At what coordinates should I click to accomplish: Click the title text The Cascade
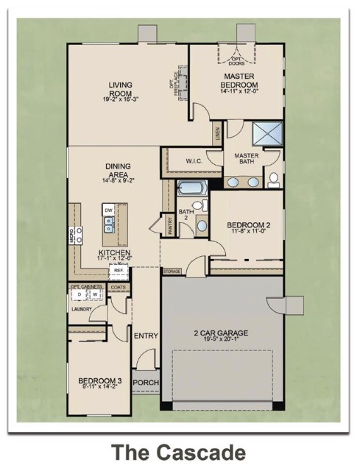(178, 450)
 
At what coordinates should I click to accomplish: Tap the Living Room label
(119, 89)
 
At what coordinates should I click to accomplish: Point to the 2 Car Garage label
(221, 333)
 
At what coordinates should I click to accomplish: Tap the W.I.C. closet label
(194, 161)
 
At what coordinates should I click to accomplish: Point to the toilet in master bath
(273, 178)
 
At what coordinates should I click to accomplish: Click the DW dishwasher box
(108, 210)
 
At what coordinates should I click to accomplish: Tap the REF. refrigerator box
(118, 270)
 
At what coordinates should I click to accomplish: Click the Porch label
(144, 383)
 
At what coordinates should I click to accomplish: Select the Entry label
(146, 336)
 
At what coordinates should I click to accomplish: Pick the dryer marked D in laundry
(80, 295)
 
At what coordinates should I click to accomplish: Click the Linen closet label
(217, 135)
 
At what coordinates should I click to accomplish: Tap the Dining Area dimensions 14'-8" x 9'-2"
(118, 180)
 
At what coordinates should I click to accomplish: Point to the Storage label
(172, 272)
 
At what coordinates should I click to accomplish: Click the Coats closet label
(118, 286)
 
